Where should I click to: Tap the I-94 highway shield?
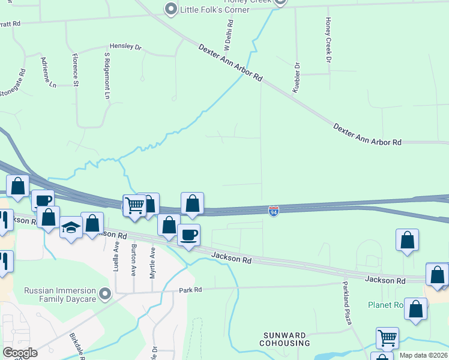tap(274, 211)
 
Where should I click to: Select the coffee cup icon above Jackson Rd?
tap(189, 235)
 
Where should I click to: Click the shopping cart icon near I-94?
tap(134, 205)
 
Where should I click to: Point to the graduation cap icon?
tap(71, 227)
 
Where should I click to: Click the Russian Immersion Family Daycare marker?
tap(106, 294)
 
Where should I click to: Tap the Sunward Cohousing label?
tap(285, 339)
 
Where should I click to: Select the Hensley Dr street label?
tap(125, 46)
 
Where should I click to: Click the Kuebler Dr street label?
tap(296, 77)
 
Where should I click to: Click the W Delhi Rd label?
tap(229, 34)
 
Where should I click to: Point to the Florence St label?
tap(75, 70)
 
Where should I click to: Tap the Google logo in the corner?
tap(20, 353)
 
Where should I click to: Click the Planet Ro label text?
tap(384, 305)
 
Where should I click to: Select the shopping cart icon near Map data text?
tap(387, 337)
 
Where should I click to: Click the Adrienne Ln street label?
tap(49, 73)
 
